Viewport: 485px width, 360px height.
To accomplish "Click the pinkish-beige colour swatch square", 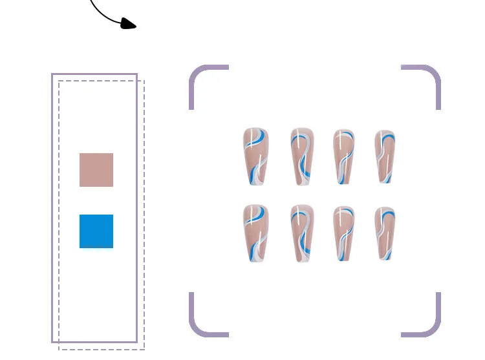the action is point(96,170).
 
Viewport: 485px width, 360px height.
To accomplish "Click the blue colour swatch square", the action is point(96,231).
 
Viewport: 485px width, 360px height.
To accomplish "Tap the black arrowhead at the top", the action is point(129,25).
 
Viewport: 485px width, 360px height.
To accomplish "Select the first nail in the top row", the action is point(255,155).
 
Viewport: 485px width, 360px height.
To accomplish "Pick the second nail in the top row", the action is point(301,156).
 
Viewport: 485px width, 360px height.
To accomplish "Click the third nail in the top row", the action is point(343,155).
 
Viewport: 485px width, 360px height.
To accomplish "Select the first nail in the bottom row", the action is point(255,233).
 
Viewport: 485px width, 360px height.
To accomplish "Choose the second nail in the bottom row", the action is point(301,232).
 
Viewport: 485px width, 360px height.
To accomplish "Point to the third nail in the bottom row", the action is point(343,233).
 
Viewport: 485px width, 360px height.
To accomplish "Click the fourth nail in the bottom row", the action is point(385,232).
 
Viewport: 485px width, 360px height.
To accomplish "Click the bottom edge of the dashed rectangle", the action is point(102,349).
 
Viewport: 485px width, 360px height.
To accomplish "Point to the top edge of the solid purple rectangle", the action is point(94,74).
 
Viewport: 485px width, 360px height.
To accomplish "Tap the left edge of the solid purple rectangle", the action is point(52,207).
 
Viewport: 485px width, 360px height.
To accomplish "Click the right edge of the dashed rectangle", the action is point(144,213).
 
